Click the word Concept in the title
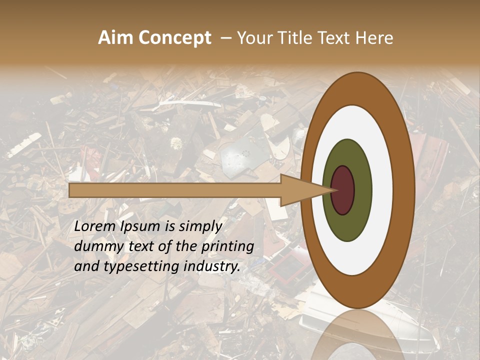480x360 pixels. click(x=174, y=38)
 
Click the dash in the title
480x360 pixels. click(x=225, y=38)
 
